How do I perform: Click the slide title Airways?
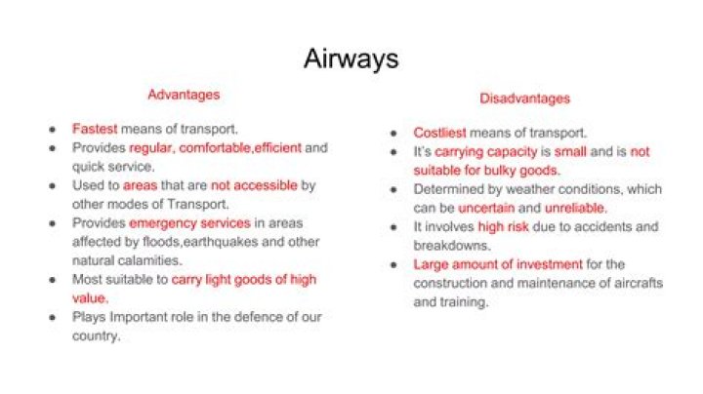tap(351, 59)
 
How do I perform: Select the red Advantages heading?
tap(184, 95)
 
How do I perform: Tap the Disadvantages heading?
tap(525, 98)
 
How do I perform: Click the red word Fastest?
tap(95, 129)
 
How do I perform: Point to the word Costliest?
tap(439, 133)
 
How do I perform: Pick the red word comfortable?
tap(215, 148)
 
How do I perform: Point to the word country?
tap(96, 336)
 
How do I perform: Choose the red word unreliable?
tap(576, 208)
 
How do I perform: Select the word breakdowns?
tap(451, 246)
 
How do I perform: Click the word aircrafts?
tap(637, 284)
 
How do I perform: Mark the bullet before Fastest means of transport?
tap(53, 130)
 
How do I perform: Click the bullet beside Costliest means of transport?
tap(393, 134)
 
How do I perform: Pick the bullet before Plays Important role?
tap(53, 318)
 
